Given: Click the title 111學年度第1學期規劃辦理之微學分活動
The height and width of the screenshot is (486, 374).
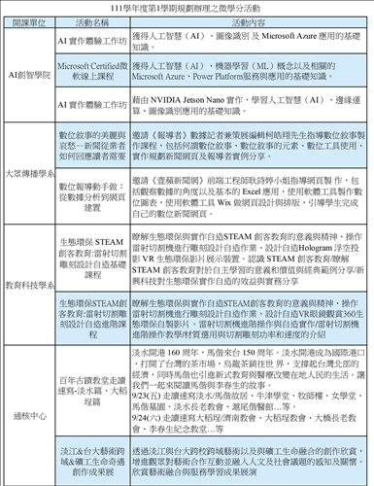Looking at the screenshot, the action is [x=187, y=8].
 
